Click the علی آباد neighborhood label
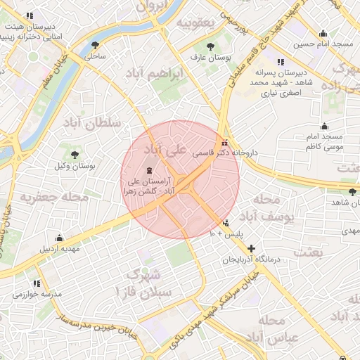(x=166, y=150)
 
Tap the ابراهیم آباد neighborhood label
(x=156, y=73)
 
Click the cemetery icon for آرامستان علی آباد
(x=149, y=170)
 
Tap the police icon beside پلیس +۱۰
(x=226, y=224)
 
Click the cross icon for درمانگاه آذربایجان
(x=252, y=247)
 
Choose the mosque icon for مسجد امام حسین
(x=323, y=33)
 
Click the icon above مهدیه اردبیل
(x=60, y=238)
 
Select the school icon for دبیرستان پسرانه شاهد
(x=281, y=62)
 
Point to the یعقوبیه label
(x=193, y=22)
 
